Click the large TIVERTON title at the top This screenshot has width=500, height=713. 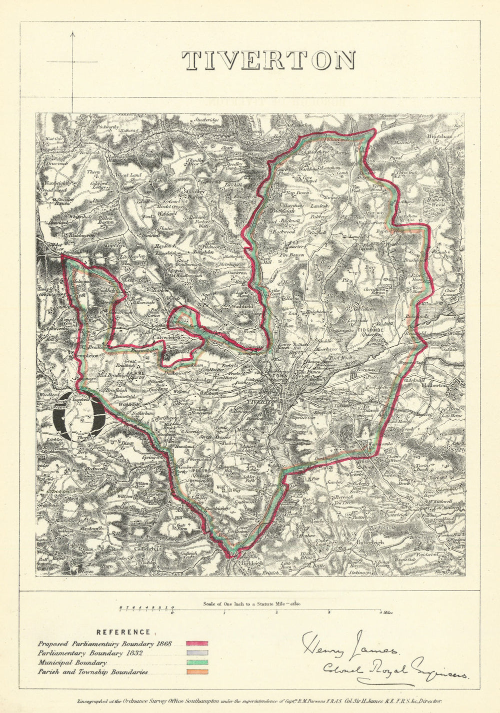coord(268,60)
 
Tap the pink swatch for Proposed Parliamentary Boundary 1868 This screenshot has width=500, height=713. coord(197,644)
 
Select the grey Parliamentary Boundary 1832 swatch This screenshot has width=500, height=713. coord(197,653)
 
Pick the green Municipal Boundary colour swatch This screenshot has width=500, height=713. coord(197,663)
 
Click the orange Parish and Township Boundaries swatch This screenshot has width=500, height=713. coord(197,672)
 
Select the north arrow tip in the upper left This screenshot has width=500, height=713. coord(73,33)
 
